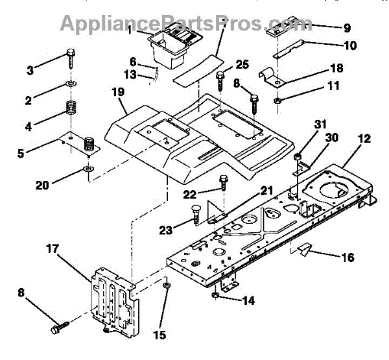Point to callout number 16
coord(348,258)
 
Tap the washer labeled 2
coord(69,85)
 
